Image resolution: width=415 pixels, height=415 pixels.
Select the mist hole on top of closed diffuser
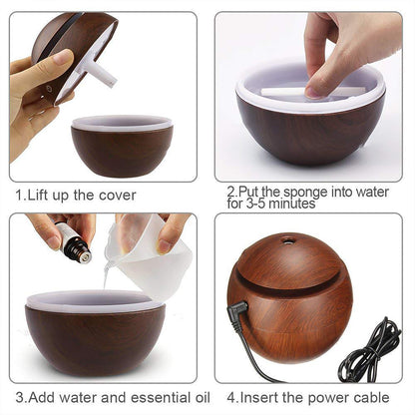pos(288,241)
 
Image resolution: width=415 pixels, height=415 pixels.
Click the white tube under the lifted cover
pos(99,70)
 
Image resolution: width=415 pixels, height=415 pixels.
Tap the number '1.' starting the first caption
pos(19,195)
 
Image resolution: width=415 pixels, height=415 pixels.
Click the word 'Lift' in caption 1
pos(37,195)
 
